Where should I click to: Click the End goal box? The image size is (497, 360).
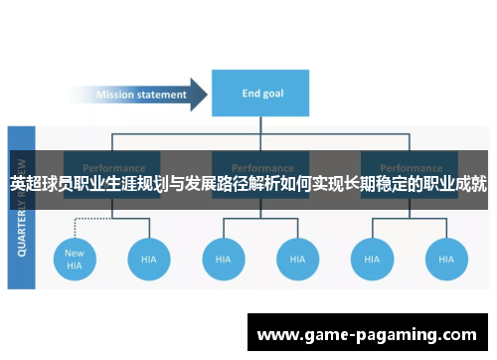pos(263,94)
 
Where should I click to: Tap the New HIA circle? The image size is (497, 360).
pos(76,260)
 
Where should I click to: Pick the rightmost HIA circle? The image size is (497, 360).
pos(446,260)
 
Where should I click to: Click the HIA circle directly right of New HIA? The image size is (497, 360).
pos(149,260)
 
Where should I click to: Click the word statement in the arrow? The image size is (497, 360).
pos(163,95)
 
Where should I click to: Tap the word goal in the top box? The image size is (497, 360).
pos(274,94)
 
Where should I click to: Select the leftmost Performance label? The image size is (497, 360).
pos(112,168)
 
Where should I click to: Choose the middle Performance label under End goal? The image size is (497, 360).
pos(261,168)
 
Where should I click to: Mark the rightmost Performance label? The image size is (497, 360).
pos(410,168)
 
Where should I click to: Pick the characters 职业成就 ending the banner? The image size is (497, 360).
pos(454,184)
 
